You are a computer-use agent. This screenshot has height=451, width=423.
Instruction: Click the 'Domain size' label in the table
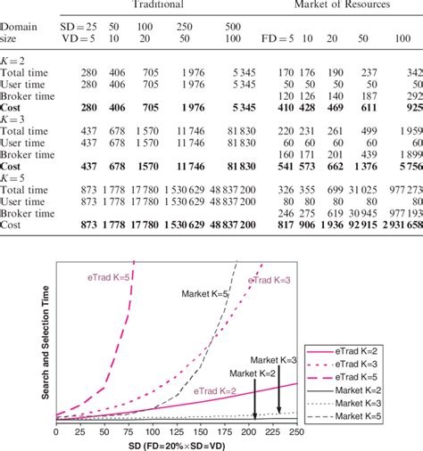click(18, 34)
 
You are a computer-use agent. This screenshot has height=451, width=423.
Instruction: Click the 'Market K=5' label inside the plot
click(206, 292)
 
